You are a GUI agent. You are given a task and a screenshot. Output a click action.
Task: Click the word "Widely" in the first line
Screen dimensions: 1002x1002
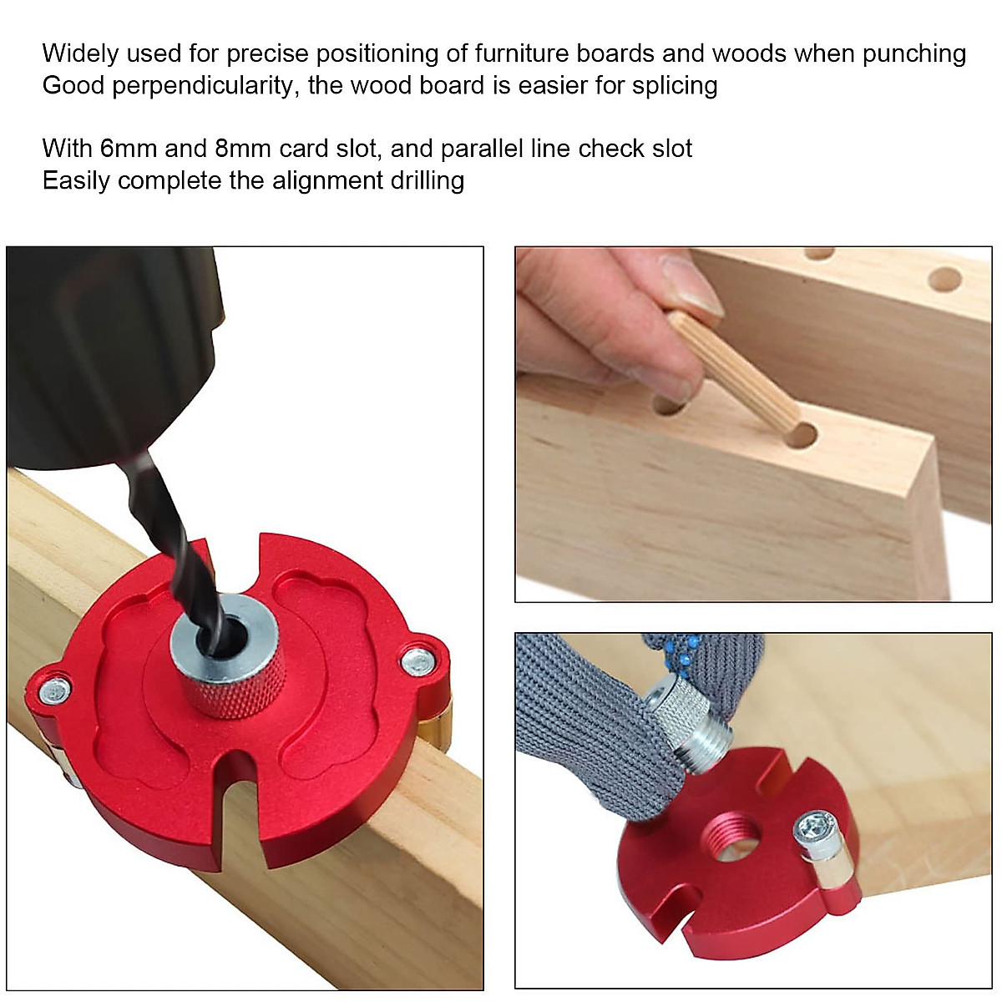(78, 53)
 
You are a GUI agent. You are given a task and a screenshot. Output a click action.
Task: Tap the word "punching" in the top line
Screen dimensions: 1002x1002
(914, 53)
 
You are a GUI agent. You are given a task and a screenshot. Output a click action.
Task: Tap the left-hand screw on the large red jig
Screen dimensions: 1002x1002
(55, 690)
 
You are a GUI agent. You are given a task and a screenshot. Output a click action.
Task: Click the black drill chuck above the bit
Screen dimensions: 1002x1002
(100, 351)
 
